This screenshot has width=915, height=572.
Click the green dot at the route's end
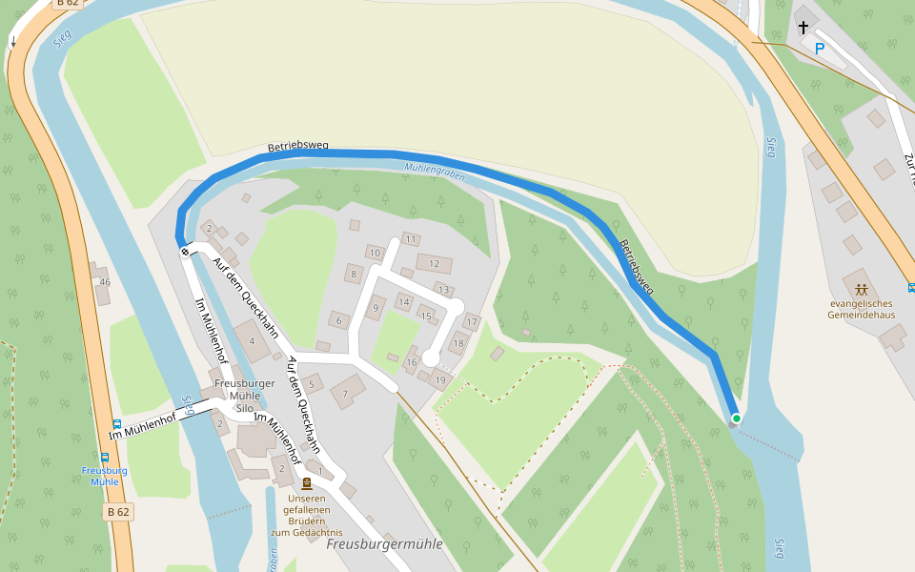[736, 418]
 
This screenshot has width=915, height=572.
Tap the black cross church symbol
[803, 28]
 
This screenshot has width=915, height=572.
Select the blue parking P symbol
[819, 48]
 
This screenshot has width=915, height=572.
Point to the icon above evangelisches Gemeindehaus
[862, 289]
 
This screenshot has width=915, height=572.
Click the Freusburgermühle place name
[384, 543]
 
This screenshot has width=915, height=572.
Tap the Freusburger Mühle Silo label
[245, 396]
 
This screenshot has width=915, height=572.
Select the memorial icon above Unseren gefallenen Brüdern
[306, 483]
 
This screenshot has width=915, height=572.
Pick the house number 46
[104, 281]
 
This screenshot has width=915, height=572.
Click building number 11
[411, 238]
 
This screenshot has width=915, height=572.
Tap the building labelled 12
[434, 264]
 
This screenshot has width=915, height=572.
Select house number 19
[439, 379]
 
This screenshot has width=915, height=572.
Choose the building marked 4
[252, 340]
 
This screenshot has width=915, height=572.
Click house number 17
[471, 322]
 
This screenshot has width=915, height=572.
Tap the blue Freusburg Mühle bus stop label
[104, 476]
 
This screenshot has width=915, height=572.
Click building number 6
[336, 320]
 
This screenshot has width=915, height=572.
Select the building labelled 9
[376, 307]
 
